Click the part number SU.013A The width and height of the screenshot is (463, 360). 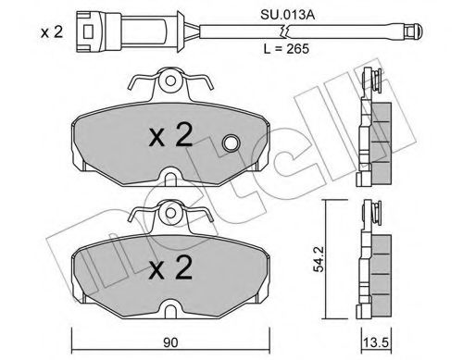pos(287,15)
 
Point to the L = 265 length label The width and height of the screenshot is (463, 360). pos(286,48)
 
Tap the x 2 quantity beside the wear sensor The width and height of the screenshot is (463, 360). pos(52,31)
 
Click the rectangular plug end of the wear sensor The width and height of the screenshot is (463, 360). pos(98,31)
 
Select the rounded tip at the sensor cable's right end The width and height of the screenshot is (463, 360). pos(414,31)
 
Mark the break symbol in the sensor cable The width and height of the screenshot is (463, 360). pos(284,31)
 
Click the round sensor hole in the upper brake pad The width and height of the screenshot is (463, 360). pos(231,143)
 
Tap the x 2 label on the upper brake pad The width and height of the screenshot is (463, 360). pos(170,135)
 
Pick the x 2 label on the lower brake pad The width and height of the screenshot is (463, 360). pos(170,268)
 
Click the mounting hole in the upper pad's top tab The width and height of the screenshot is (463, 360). pos(170,81)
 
